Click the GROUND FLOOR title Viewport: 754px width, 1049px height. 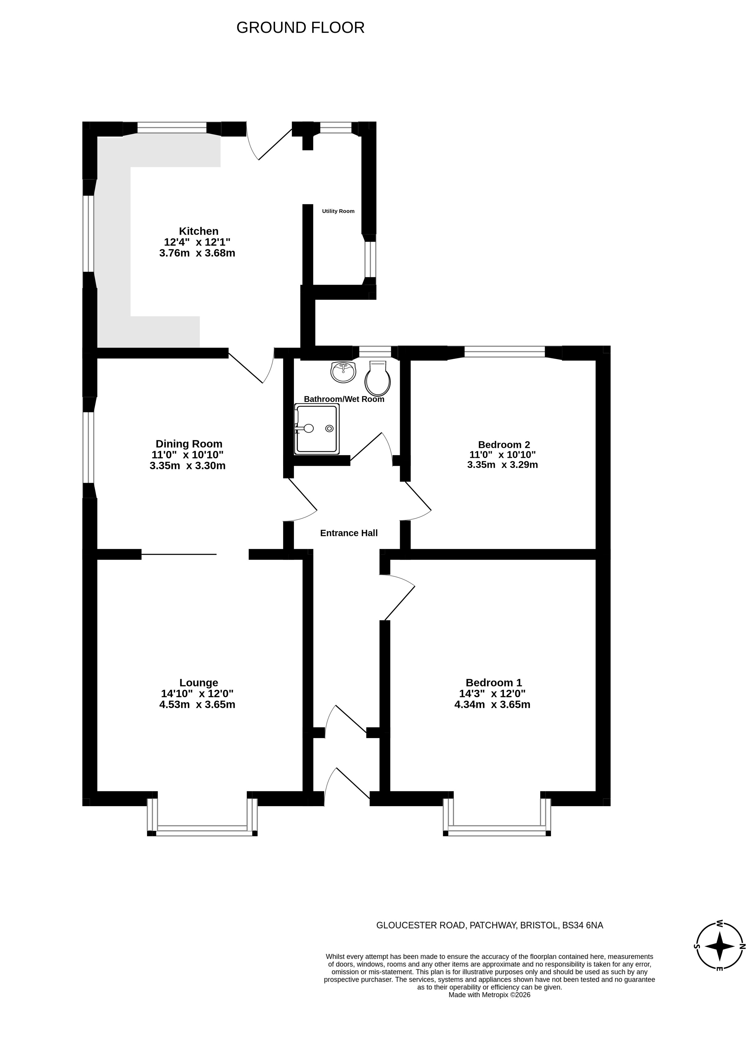point(300,28)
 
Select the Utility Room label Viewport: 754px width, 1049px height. point(338,211)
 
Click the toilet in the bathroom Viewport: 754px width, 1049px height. point(377,378)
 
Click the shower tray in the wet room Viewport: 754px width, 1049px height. point(317,429)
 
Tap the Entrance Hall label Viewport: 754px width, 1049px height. point(349,533)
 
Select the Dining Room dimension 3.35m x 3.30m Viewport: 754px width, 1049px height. point(187,466)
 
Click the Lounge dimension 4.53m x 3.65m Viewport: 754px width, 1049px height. point(197,704)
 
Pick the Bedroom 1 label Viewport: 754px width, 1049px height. point(494,682)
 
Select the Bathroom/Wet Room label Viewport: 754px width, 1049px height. point(344,399)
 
